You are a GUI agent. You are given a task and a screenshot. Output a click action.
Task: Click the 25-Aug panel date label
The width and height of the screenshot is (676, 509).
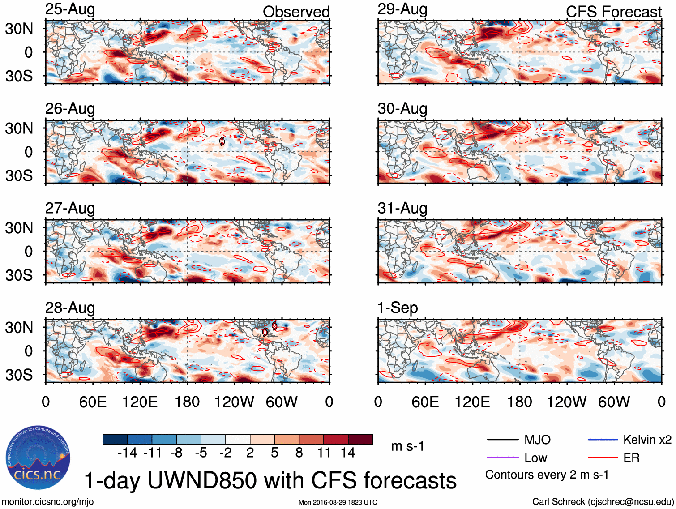point(70,9)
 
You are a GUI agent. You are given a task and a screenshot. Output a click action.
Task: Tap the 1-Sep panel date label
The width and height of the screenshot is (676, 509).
point(398,308)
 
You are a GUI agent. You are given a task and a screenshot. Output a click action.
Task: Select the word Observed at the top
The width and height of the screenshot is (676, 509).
point(296,12)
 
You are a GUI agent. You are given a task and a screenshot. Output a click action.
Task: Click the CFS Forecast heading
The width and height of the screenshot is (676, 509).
point(613,12)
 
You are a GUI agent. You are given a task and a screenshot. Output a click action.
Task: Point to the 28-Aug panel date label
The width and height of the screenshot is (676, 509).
point(70,308)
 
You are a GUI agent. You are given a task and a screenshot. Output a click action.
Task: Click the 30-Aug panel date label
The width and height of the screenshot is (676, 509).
point(402,109)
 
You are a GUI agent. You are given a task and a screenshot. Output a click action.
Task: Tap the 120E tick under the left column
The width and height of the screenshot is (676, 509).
point(140,402)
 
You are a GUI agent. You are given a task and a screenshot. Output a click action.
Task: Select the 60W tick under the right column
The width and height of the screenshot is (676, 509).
point(614,402)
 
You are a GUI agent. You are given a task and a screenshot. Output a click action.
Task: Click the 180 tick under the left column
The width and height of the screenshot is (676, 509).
point(187,402)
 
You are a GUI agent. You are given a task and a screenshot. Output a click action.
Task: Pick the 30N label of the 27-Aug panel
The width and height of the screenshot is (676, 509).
point(19,228)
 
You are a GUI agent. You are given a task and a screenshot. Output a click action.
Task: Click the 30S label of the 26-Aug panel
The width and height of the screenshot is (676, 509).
point(19,175)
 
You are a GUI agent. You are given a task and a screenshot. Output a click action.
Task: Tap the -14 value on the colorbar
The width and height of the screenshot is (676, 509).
point(127,453)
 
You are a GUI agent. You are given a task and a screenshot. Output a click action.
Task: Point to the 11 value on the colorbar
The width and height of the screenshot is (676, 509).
point(324,453)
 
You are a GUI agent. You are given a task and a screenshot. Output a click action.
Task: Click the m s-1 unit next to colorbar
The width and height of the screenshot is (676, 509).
point(407,446)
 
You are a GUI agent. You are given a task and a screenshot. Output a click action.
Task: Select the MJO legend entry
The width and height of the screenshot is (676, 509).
point(537,440)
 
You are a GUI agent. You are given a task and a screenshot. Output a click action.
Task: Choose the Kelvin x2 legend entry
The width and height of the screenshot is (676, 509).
point(647,440)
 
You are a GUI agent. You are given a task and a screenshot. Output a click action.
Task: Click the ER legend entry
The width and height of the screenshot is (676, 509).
point(631,458)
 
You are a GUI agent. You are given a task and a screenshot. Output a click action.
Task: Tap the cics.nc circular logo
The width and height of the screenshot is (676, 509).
point(38,458)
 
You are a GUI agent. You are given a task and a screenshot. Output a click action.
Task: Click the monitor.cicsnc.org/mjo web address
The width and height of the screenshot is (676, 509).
point(48,502)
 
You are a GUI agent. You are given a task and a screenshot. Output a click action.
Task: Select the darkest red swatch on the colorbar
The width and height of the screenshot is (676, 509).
point(360,439)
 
